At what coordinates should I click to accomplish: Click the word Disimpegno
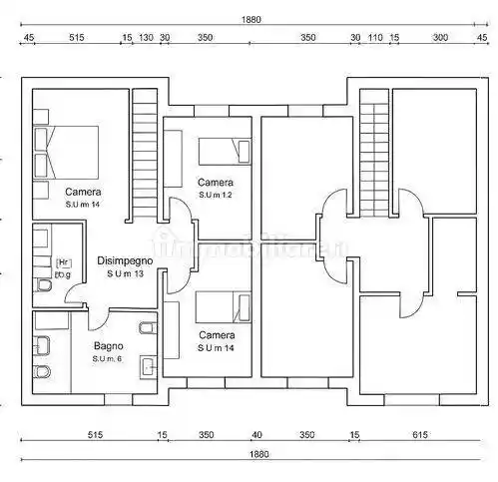pyautogui.click(x=125, y=260)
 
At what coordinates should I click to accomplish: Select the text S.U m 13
pyautogui.click(x=125, y=273)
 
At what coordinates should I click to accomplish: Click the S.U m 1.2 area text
pyautogui.click(x=215, y=196)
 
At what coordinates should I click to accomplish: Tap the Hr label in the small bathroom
pyautogui.click(x=61, y=262)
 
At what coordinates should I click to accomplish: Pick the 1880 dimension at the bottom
pyautogui.click(x=258, y=455)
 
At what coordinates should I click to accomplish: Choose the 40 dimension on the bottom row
pyautogui.click(x=256, y=435)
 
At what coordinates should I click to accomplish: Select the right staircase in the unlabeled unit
pyautogui.click(x=374, y=150)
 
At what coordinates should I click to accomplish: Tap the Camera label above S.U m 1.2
pyautogui.click(x=215, y=183)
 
